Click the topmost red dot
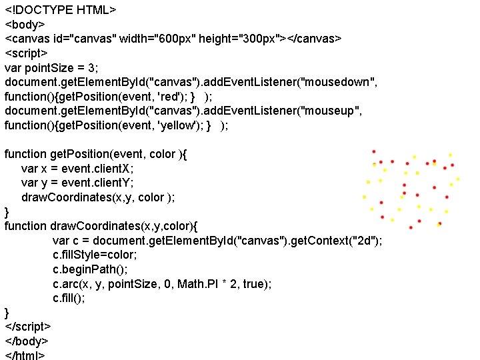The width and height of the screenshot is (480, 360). click(374, 151)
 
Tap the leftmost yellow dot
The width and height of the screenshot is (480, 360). click(364, 197)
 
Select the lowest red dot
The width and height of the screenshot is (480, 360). click(411, 227)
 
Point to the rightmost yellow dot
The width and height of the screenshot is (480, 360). click(458, 178)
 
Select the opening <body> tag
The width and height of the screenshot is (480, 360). click(27, 25)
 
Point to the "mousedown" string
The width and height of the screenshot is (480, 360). click(339, 82)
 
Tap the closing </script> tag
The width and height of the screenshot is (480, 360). click(28, 327)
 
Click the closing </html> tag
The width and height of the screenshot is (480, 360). click(25, 355)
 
